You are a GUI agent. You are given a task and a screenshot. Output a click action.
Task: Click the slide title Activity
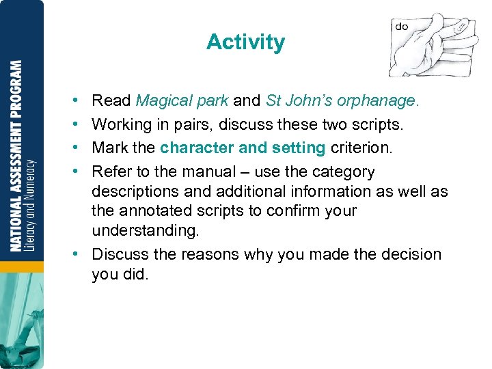245,42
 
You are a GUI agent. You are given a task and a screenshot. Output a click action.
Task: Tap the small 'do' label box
402,27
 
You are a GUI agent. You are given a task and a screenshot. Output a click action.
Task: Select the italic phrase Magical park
182,101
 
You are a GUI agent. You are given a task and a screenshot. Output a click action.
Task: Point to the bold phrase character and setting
243,148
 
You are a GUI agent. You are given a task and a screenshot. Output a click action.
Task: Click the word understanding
145,231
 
